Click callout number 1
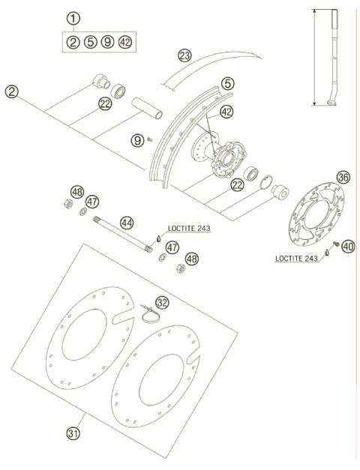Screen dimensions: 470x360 point(72,18)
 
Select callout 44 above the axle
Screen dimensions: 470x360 point(127,223)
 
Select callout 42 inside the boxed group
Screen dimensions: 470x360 point(125,42)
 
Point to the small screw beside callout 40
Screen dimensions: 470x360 point(335,245)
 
